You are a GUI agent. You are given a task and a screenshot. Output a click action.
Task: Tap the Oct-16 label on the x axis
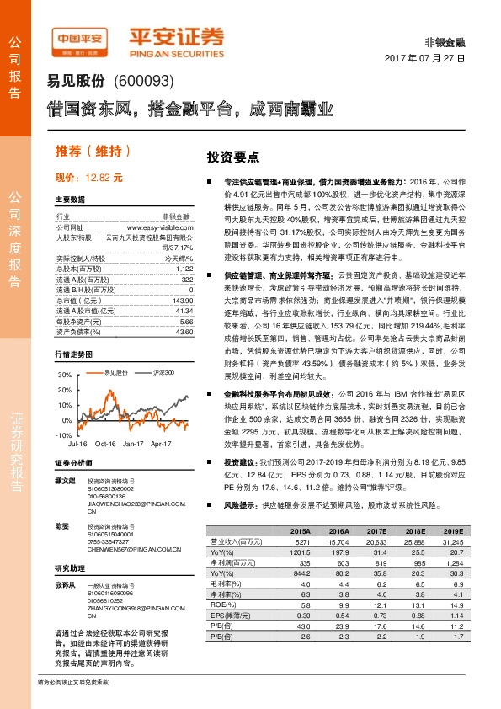coord(105,443)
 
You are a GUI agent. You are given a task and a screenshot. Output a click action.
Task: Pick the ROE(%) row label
coord(221,604)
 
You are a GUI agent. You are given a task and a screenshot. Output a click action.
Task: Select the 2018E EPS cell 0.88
coord(414,614)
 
